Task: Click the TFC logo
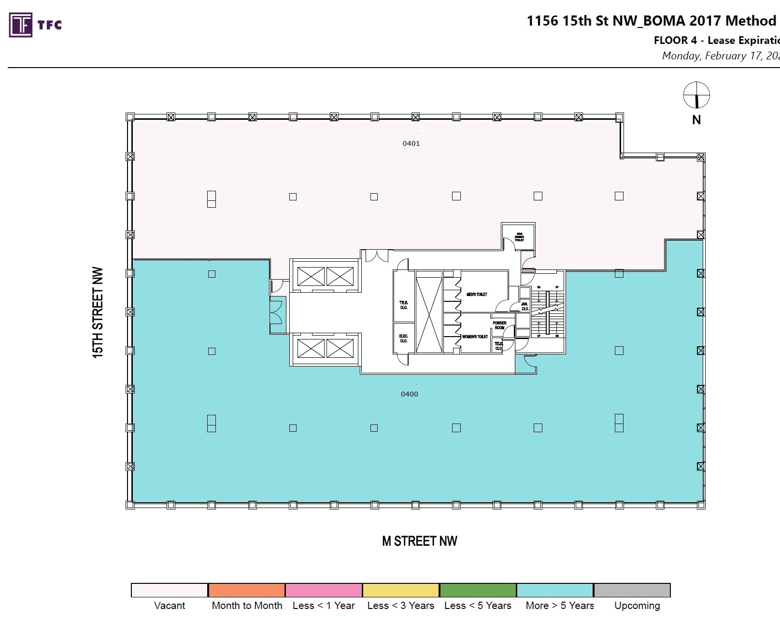tap(35, 25)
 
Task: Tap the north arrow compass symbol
tap(696, 95)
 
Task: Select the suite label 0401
tap(411, 143)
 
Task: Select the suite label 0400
tap(409, 394)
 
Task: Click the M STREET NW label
tap(419, 541)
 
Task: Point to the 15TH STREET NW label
tap(98, 312)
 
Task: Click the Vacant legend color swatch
tap(170, 590)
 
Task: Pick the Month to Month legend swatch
tap(247, 590)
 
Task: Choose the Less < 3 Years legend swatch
tap(400, 590)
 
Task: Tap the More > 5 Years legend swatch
tap(554, 590)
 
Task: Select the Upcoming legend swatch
tap(632, 590)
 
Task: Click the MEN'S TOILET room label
tap(477, 294)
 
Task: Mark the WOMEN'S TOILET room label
tap(475, 337)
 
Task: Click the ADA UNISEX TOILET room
tap(519, 237)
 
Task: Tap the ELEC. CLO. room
tap(403, 338)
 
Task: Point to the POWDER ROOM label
tap(499, 325)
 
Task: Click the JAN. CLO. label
tap(525, 306)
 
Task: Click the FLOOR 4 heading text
tap(675, 41)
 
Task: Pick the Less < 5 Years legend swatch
tap(478, 590)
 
